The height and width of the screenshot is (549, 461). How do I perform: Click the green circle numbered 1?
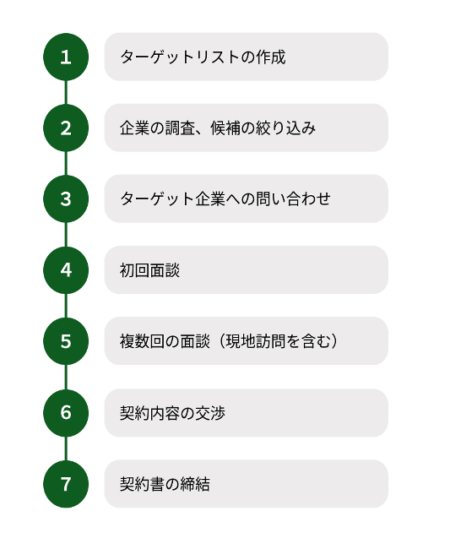click(x=66, y=57)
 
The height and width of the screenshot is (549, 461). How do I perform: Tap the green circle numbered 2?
click(x=66, y=128)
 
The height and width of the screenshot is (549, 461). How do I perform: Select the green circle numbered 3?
click(x=66, y=198)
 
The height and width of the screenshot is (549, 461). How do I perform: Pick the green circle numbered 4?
click(x=66, y=270)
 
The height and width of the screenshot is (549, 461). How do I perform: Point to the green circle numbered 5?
click(x=66, y=341)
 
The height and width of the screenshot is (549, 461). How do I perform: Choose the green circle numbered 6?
click(x=66, y=413)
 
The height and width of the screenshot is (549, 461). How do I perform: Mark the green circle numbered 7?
click(x=66, y=484)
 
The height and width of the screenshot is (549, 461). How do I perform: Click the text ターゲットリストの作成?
click(x=203, y=57)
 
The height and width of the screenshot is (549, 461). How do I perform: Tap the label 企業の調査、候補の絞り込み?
click(x=218, y=128)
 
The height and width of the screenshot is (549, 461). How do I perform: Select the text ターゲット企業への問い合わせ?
click(x=225, y=198)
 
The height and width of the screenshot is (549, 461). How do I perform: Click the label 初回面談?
click(x=149, y=270)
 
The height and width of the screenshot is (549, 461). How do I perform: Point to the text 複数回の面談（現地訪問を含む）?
click(x=230, y=341)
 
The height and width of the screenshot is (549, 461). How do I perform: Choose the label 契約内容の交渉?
click(x=172, y=413)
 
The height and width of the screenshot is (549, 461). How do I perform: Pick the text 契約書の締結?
click(x=165, y=485)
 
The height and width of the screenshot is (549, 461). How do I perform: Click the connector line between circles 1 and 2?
click(x=66, y=92)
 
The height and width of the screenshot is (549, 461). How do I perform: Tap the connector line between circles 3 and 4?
click(x=66, y=235)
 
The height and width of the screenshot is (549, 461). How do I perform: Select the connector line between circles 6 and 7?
click(x=66, y=448)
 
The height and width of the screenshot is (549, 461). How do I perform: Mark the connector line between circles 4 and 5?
click(x=66, y=306)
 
